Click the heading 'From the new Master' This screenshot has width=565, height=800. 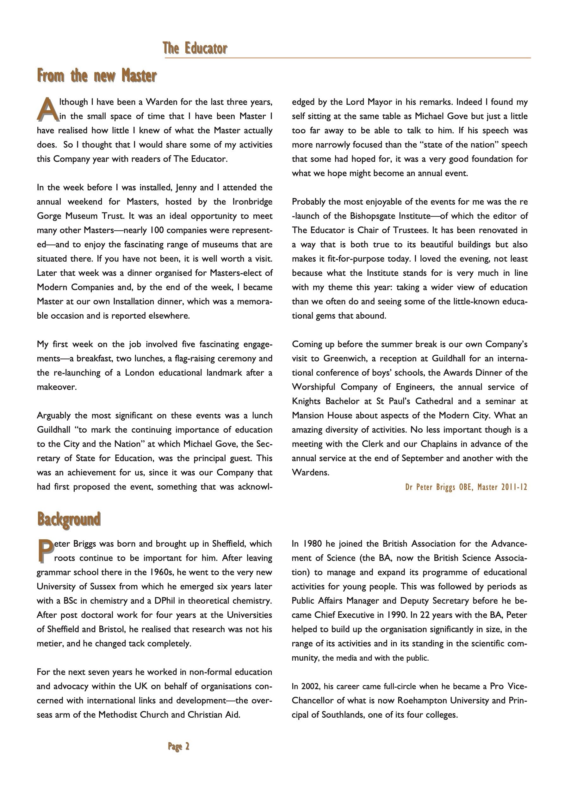tap(97, 76)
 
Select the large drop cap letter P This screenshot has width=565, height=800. tap(45, 551)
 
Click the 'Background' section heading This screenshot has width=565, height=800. tap(69, 519)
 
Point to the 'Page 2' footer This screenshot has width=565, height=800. tap(179, 746)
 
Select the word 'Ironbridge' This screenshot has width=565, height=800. tap(252, 202)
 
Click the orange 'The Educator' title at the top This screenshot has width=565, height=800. tap(195, 48)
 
